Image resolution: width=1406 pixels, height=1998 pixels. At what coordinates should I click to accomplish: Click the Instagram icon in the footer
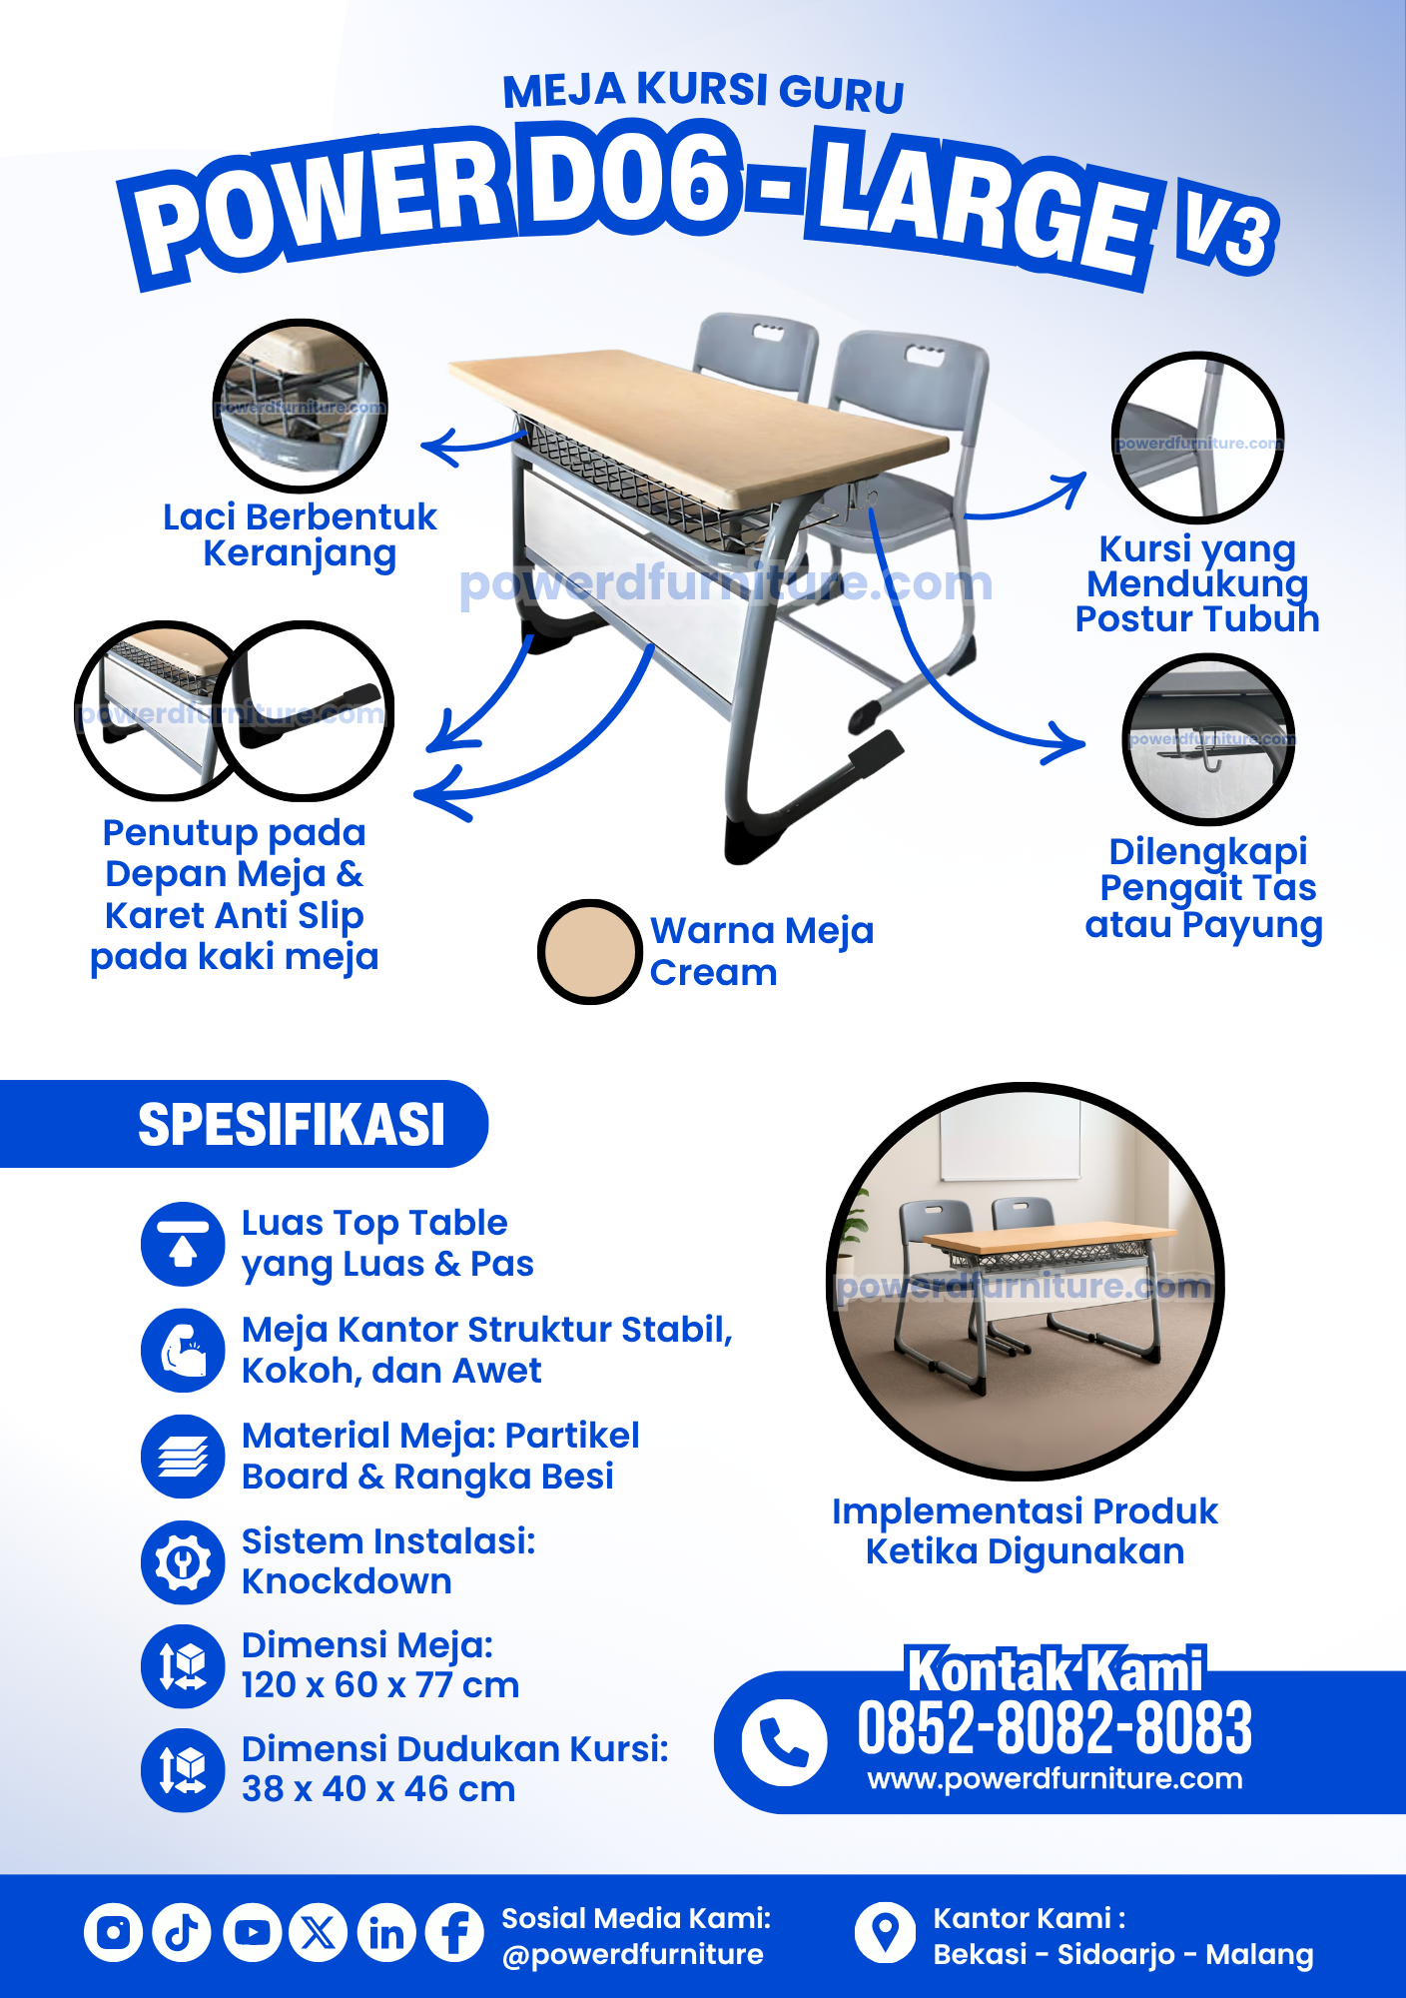[113, 1932]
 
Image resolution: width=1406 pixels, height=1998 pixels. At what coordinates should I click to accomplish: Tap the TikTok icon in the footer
[182, 1932]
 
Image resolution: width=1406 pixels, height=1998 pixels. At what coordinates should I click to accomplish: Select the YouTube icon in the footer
[252, 1932]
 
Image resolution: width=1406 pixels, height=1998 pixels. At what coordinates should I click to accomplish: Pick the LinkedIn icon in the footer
[386, 1932]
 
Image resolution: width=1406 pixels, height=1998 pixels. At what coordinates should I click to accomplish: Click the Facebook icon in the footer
[455, 1932]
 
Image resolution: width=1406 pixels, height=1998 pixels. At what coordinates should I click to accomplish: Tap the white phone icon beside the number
[784, 1742]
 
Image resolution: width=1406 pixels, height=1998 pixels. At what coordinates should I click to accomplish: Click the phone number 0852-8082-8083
[1054, 1727]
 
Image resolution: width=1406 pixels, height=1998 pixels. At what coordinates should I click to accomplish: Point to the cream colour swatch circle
[589, 952]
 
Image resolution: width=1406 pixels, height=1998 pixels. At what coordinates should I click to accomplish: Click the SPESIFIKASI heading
[292, 1125]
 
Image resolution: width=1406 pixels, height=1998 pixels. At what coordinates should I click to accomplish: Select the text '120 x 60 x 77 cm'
[380, 1685]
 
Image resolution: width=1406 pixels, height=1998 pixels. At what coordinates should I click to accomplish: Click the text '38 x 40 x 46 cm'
[378, 1789]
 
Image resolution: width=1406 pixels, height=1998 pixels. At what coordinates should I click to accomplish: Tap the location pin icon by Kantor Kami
[885, 1932]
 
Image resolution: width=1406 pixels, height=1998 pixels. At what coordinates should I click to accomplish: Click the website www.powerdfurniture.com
[1055, 1779]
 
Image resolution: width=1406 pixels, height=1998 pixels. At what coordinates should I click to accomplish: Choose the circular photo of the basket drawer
[301, 406]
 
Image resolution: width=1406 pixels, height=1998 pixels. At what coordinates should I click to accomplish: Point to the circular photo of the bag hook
[1208, 739]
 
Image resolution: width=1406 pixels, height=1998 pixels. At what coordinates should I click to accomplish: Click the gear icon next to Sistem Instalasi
[183, 1562]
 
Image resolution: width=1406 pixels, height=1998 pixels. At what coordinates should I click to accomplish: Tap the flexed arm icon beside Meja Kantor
[183, 1351]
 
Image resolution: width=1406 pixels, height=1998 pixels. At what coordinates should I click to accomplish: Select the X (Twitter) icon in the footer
[319, 1932]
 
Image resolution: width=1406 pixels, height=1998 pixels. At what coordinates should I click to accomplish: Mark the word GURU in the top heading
[842, 94]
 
